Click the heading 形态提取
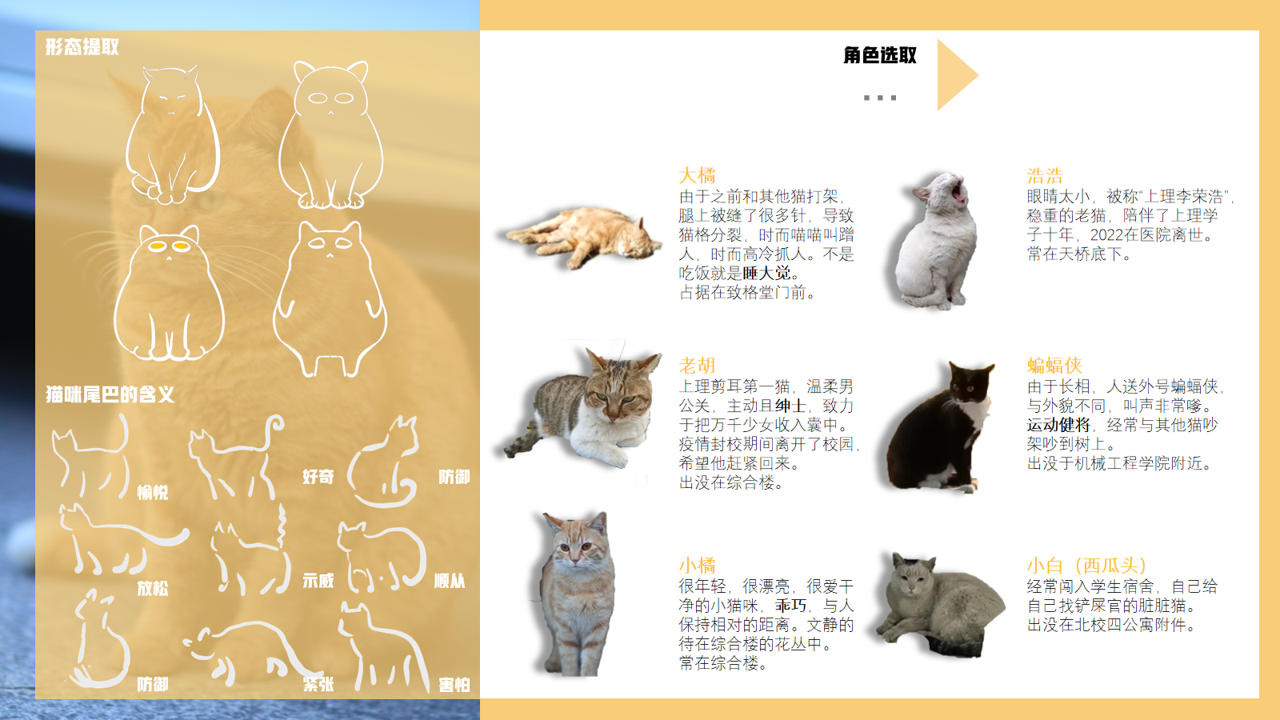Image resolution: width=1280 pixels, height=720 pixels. point(82,47)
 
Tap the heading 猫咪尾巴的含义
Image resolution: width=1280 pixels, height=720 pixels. point(110,394)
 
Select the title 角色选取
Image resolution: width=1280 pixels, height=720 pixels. point(879,55)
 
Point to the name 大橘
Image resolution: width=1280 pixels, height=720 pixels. point(697,175)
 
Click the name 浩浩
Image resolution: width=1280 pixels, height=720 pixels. point(1045,175)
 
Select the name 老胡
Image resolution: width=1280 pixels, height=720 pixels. point(697,366)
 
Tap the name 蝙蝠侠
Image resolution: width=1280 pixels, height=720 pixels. point(1054,366)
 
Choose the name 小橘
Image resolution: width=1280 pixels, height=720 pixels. point(697,566)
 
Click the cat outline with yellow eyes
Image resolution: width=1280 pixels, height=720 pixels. point(169,292)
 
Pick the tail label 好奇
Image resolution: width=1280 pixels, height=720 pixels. point(318,477)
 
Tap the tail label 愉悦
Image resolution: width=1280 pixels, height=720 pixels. point(152,493)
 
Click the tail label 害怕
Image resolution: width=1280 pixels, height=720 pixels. point(454,685)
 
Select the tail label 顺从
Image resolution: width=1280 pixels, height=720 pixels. point(449,581)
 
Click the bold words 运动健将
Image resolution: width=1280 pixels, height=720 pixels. point(1058,425)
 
